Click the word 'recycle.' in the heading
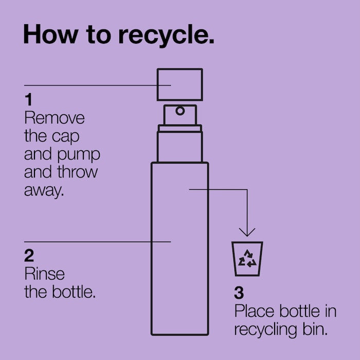coord(167,35)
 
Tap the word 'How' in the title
coord(51,34)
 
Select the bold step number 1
coord(28,100)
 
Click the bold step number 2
coord(29,256)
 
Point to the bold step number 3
coord(239,293)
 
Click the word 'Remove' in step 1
coord(55,118)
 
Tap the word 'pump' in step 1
coord(79,155)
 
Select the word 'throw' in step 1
coord(78,172)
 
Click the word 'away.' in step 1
coord(44,191)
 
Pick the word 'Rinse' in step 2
coord(45,274)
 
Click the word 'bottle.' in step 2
coord(74,292)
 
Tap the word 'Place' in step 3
coord(255,311)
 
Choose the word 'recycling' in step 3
coord(265,331)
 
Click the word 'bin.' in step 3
coord(315,329)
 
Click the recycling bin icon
coord(247,259)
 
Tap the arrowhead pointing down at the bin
coord(247,232)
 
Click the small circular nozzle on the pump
coord(180,111)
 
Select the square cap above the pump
coord(180,85)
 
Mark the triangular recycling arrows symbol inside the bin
coord(247,259)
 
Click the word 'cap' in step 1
coord(66,137)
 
